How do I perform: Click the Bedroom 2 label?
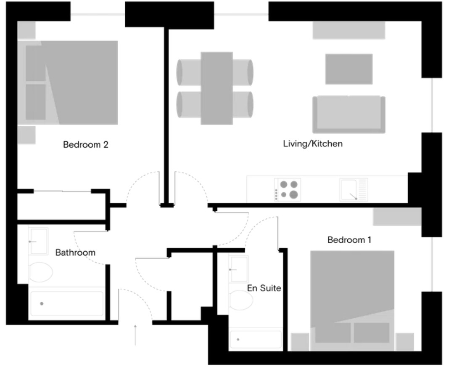(x=86, y=145)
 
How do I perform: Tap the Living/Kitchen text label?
(x=313, y=144)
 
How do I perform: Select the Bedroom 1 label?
(x=349, y=240)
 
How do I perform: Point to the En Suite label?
(x=264, y=289)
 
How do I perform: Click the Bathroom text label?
(x=75, y=253)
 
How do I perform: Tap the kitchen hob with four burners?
(x=288, y=189)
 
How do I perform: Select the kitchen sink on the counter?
(x=353, y=189)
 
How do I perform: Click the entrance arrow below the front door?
(x=135, y=335)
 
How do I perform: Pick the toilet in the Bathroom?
(x=40, y=272)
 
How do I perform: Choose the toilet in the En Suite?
(x=241, y=300)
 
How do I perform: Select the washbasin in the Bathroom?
(x=39, y=241)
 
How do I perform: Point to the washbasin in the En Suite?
(x=239, y=269)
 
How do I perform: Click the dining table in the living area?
(x=217, y=88)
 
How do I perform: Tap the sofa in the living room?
(x=349, y=114)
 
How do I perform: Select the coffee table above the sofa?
(x=349, y=69)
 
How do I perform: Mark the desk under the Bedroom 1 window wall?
(x=397, y=217)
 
